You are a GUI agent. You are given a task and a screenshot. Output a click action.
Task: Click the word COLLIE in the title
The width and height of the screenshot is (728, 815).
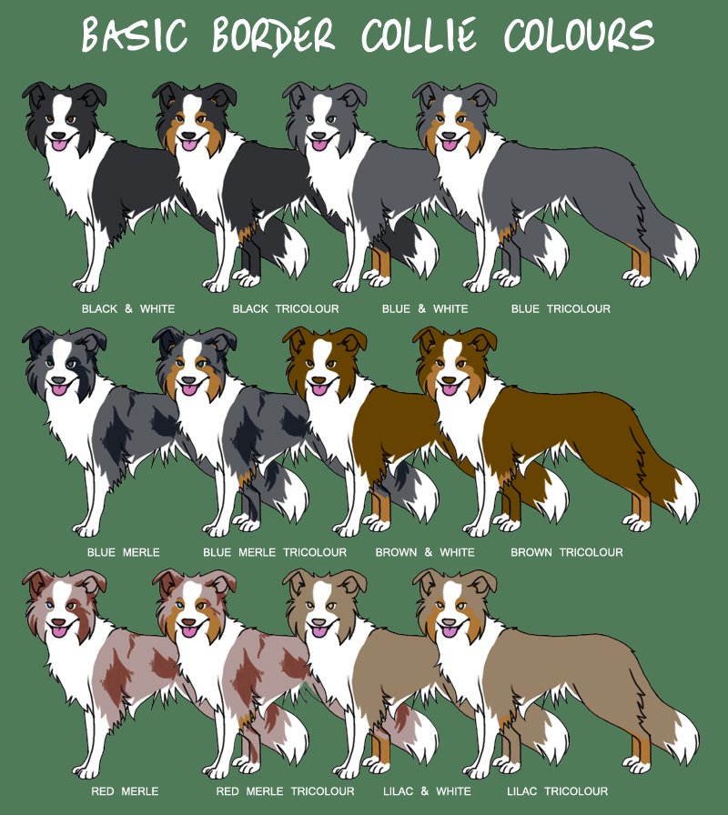420,36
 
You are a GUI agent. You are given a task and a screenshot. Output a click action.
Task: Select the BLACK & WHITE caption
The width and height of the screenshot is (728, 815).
128,309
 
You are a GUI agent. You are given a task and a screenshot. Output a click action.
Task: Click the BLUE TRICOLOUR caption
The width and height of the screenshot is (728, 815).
561,309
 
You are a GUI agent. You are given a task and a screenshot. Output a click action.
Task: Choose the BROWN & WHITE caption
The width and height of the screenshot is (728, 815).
425,552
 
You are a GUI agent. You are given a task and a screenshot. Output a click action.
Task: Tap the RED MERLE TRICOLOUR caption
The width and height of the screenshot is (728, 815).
285,791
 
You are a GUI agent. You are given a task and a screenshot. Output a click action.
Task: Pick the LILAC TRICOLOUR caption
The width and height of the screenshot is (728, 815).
558,791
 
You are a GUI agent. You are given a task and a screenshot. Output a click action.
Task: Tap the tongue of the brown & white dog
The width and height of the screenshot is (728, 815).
319,388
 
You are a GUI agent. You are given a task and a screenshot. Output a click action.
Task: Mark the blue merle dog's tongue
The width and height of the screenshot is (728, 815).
59,388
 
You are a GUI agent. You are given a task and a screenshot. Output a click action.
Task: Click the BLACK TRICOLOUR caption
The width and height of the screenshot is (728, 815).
286,309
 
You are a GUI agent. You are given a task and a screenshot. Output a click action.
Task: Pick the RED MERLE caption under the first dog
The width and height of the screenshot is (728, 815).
126,791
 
